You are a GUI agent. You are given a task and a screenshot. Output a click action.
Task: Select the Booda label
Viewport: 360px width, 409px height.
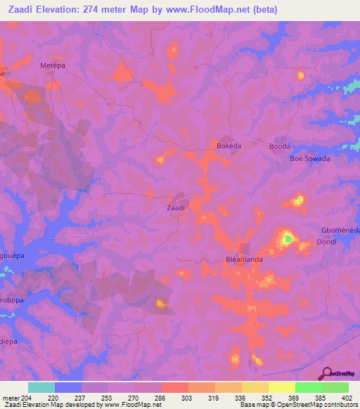280,146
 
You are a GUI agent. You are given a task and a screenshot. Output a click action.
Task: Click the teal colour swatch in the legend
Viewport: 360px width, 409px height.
41,387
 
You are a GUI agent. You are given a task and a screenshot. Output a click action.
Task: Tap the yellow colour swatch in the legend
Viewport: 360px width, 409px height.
281,387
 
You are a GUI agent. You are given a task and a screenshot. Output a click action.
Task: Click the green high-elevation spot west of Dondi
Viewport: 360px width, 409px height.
287,240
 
